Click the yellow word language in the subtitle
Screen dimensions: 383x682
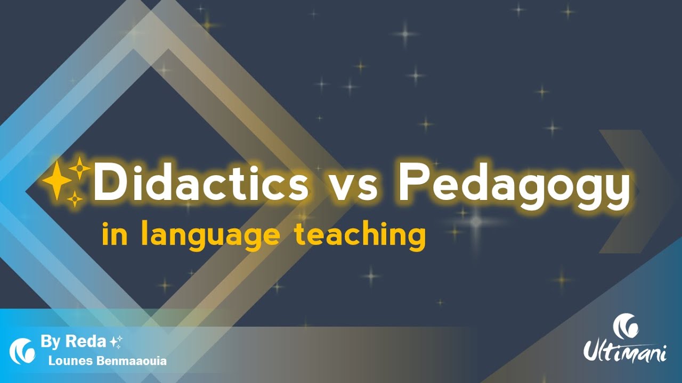click(210, 236)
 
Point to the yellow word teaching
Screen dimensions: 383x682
click(360, 236)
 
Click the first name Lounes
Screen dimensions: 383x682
click(64, 361)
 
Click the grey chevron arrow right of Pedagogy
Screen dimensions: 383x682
click(634, 191)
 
